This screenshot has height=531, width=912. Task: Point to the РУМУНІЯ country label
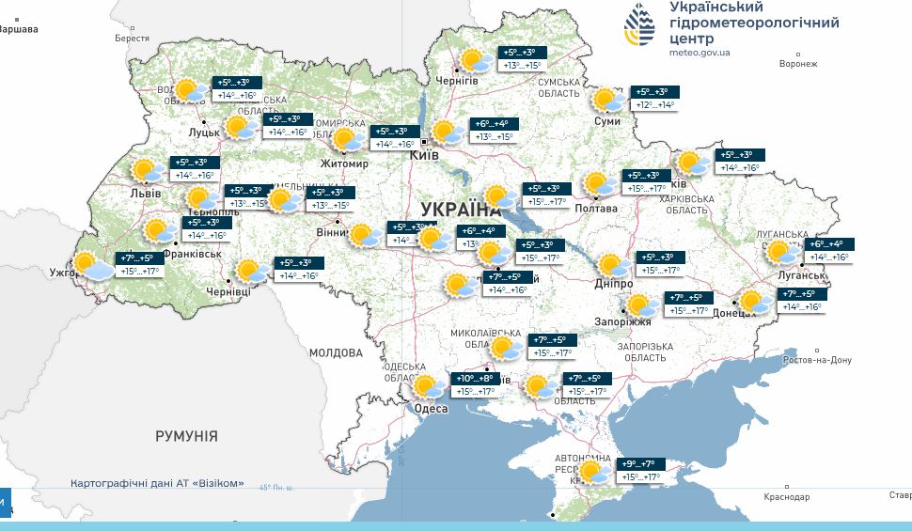click(186, 436)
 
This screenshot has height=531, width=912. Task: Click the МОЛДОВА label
click(336, 353)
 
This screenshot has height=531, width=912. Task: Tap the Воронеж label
click(798, 64)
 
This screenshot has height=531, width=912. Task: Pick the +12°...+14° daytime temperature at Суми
click(655, 105)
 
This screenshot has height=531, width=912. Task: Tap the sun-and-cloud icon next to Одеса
click(429, 386)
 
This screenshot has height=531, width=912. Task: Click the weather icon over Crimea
click(592, 471)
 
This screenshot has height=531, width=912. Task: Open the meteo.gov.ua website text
click(700, 53)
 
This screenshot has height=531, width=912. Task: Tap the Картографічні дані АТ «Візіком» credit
click(157, 483)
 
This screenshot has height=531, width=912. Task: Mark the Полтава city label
click(596, 209)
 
